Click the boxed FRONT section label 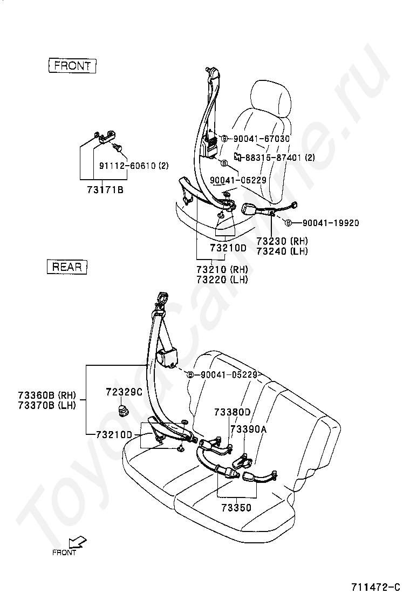72,66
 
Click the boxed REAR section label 67,266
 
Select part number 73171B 105,189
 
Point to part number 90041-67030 261,139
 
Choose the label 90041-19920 330,223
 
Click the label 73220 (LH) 222,279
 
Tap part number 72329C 124,392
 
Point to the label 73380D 232,412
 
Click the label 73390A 249,429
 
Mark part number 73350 236,508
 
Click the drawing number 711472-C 375,587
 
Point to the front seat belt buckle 252,209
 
